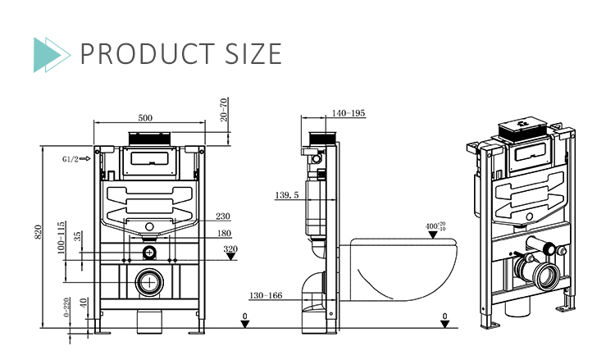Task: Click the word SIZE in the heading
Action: tap(249, 53)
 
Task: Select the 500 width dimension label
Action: tap(145, 118)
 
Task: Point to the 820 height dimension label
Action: tap(38, 233)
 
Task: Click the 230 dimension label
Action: tap(223, 216)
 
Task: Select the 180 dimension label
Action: tap(223, 234)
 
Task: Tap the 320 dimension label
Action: tap(230, 249)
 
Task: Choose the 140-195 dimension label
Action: tap(349, 113)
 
